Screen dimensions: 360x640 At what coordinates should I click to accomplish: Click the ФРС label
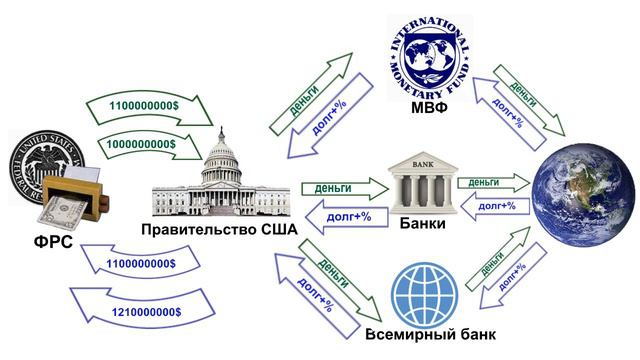click(42, 241)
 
